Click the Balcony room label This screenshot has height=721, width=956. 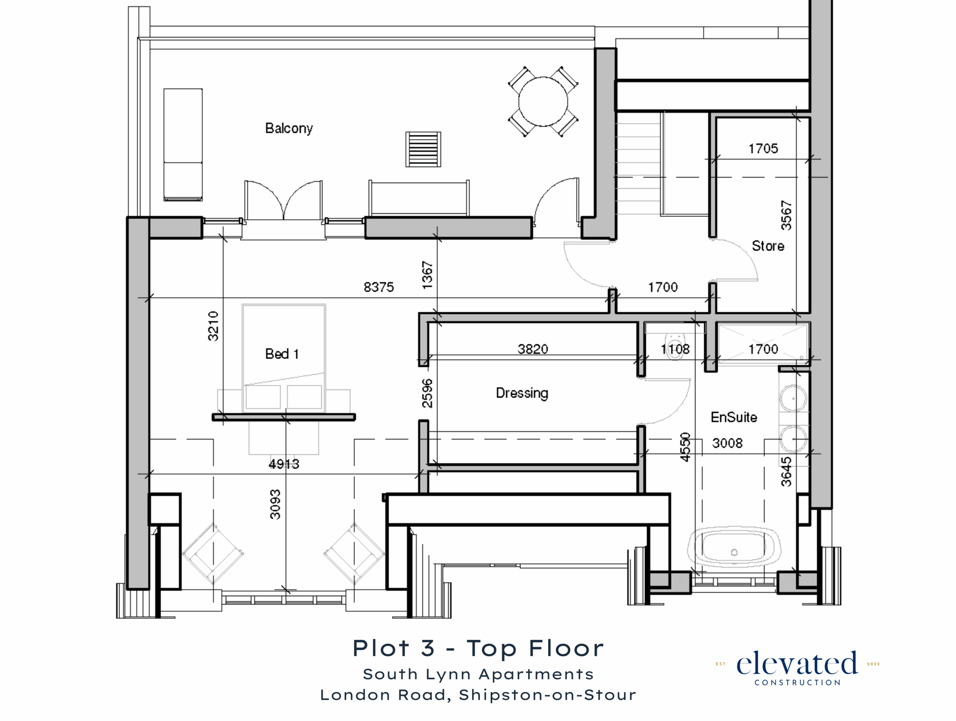coord(289,128)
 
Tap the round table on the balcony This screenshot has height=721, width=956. coord(543,102)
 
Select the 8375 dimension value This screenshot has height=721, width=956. coord(379,287)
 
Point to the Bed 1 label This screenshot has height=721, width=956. coord(282,354)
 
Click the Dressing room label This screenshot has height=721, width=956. coord(522,393)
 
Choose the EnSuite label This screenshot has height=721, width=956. coord(734,417)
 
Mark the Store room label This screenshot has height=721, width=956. coord(768,246)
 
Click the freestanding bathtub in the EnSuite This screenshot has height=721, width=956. coord(734,548)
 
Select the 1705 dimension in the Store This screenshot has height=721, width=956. coord(763,149)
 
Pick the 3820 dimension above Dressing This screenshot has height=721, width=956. coord(533,349)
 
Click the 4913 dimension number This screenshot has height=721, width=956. coord(284,464)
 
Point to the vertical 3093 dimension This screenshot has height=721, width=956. coord(275,504)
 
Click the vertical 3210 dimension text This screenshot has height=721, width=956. coord(213,326)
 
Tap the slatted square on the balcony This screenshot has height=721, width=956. coord(423,150)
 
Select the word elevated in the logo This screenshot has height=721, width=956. coord(797,663)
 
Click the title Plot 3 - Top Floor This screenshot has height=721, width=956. coord(478,649)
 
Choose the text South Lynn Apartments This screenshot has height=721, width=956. coord(478,674)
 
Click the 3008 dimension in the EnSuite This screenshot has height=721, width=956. coord(727,443)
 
